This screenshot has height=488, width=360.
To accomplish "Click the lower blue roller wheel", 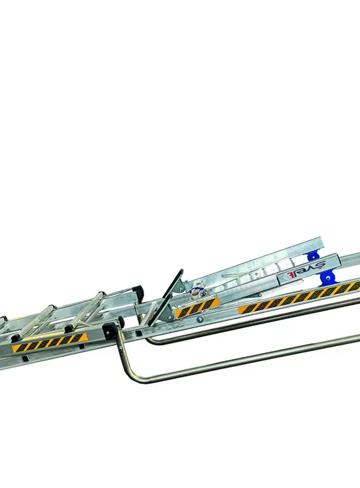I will (x=325, y=278).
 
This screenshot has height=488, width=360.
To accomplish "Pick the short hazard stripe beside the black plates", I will (x=196, y=307).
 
